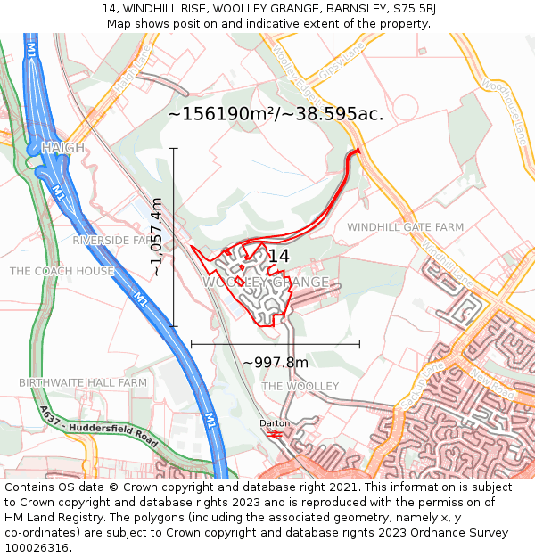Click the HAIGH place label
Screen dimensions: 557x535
(62, 148)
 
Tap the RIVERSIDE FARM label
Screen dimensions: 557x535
(114, 241)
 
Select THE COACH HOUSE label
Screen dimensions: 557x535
(62, 271)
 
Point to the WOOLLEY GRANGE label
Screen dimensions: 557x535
(266, 283)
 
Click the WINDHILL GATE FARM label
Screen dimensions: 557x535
(406, 227)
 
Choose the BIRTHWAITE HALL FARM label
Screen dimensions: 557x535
(83, 382)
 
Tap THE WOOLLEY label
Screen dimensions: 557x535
(300, 386)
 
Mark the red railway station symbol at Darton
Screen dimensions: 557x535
(276, 434)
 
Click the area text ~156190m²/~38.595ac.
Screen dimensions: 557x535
(276, 114)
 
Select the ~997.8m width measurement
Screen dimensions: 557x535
(276, 362)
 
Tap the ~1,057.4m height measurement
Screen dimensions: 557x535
(157, 237)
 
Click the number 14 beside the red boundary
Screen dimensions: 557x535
(278, 257)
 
